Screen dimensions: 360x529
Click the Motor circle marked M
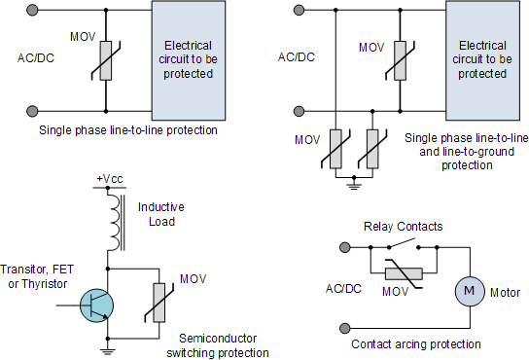469,290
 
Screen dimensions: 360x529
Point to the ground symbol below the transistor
105,349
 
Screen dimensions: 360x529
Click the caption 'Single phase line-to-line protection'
127,129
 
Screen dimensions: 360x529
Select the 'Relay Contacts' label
404,227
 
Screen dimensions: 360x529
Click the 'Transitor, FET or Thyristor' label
36,276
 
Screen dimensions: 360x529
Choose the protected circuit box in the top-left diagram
189,60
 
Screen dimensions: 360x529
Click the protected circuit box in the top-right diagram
482,60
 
